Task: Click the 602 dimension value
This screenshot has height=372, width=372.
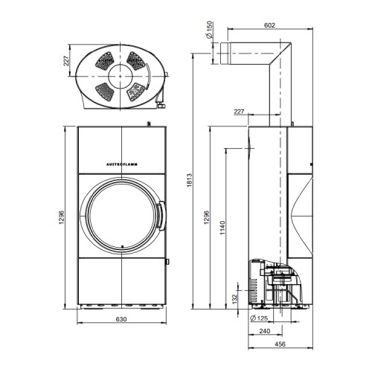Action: point(269,25)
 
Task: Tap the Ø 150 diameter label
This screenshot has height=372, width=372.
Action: point(210,30)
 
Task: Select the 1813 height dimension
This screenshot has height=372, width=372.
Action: point(190,180)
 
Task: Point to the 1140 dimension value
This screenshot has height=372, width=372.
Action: point(222,228)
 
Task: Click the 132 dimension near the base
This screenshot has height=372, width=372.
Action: point(235,298)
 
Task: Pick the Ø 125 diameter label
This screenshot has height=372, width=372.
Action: point(259,318)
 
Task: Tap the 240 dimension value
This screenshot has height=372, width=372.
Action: point(265,331)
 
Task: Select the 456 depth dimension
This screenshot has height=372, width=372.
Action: point(280,344)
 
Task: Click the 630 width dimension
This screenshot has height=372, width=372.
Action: point(121,319)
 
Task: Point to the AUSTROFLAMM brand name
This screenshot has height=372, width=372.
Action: point(122,164)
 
